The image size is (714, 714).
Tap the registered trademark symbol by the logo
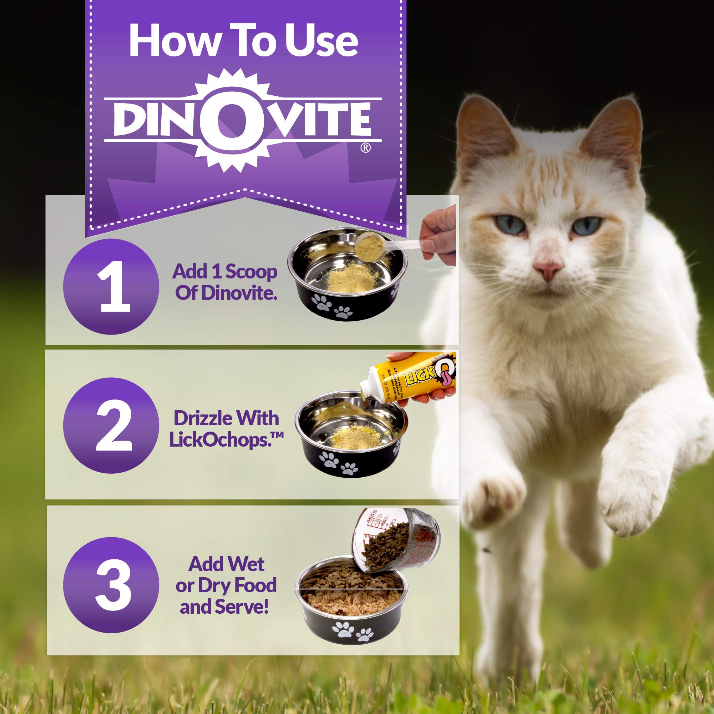[x=365, y=148]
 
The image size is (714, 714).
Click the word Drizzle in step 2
[x=205, y=418]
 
